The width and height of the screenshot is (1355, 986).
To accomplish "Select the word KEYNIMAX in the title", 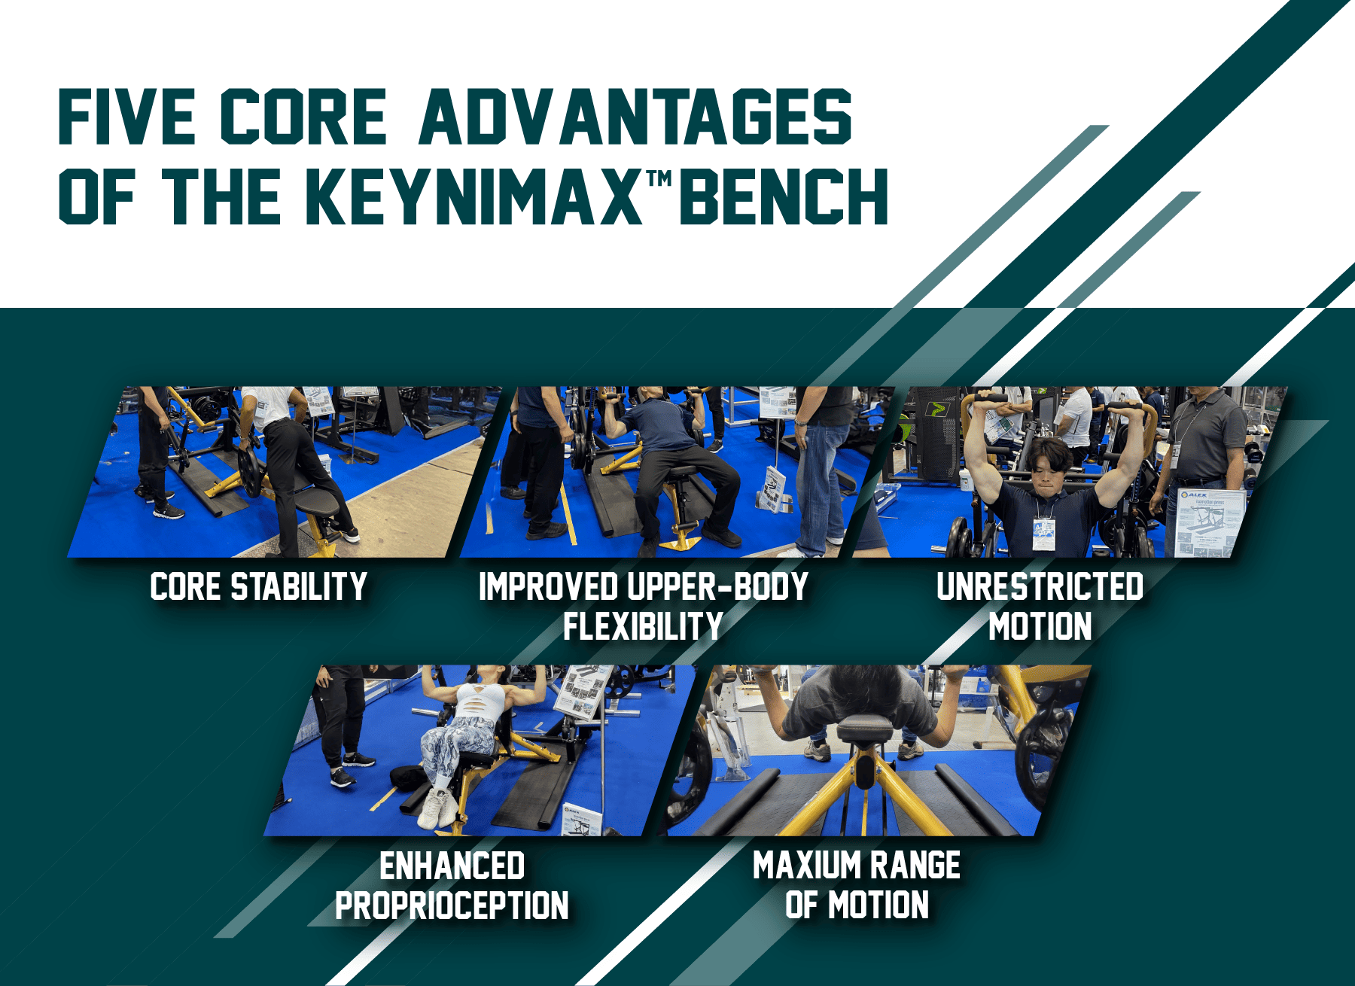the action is (x=474, y=196).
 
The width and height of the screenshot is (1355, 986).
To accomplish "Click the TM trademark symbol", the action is (x=659, y=178).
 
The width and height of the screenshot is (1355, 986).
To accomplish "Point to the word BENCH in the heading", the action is (x=784, y=196).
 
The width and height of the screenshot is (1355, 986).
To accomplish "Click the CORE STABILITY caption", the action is (x=259, y=587).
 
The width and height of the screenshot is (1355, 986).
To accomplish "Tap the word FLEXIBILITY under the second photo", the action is (x=644, y=626).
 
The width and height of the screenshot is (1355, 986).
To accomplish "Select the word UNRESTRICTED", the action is (x=1040, y=587).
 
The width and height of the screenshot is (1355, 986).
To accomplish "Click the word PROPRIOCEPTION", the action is (x=452, y=905).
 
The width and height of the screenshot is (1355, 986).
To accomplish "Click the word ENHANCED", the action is (x=452, y=866).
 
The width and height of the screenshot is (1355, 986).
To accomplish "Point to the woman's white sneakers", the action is (x=438, y=808).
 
